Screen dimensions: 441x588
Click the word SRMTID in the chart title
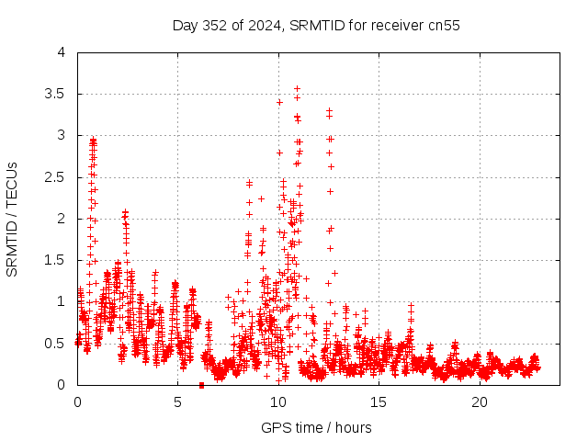click(x=315, y=25)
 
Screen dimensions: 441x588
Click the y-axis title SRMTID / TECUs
click(x=13, y=219)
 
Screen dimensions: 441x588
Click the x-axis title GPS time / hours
click(x=316, y=427)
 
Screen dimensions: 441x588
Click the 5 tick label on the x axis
click(x=177, y=402)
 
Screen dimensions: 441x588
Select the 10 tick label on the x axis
click(x=278, y=402)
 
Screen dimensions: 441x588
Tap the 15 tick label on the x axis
click(x=379, y=402)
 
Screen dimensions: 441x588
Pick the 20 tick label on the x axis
click(x=480, y=402)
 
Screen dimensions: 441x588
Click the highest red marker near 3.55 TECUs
click(x=297, y=89)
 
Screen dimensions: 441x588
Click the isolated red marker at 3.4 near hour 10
click(x=278, y=102)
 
